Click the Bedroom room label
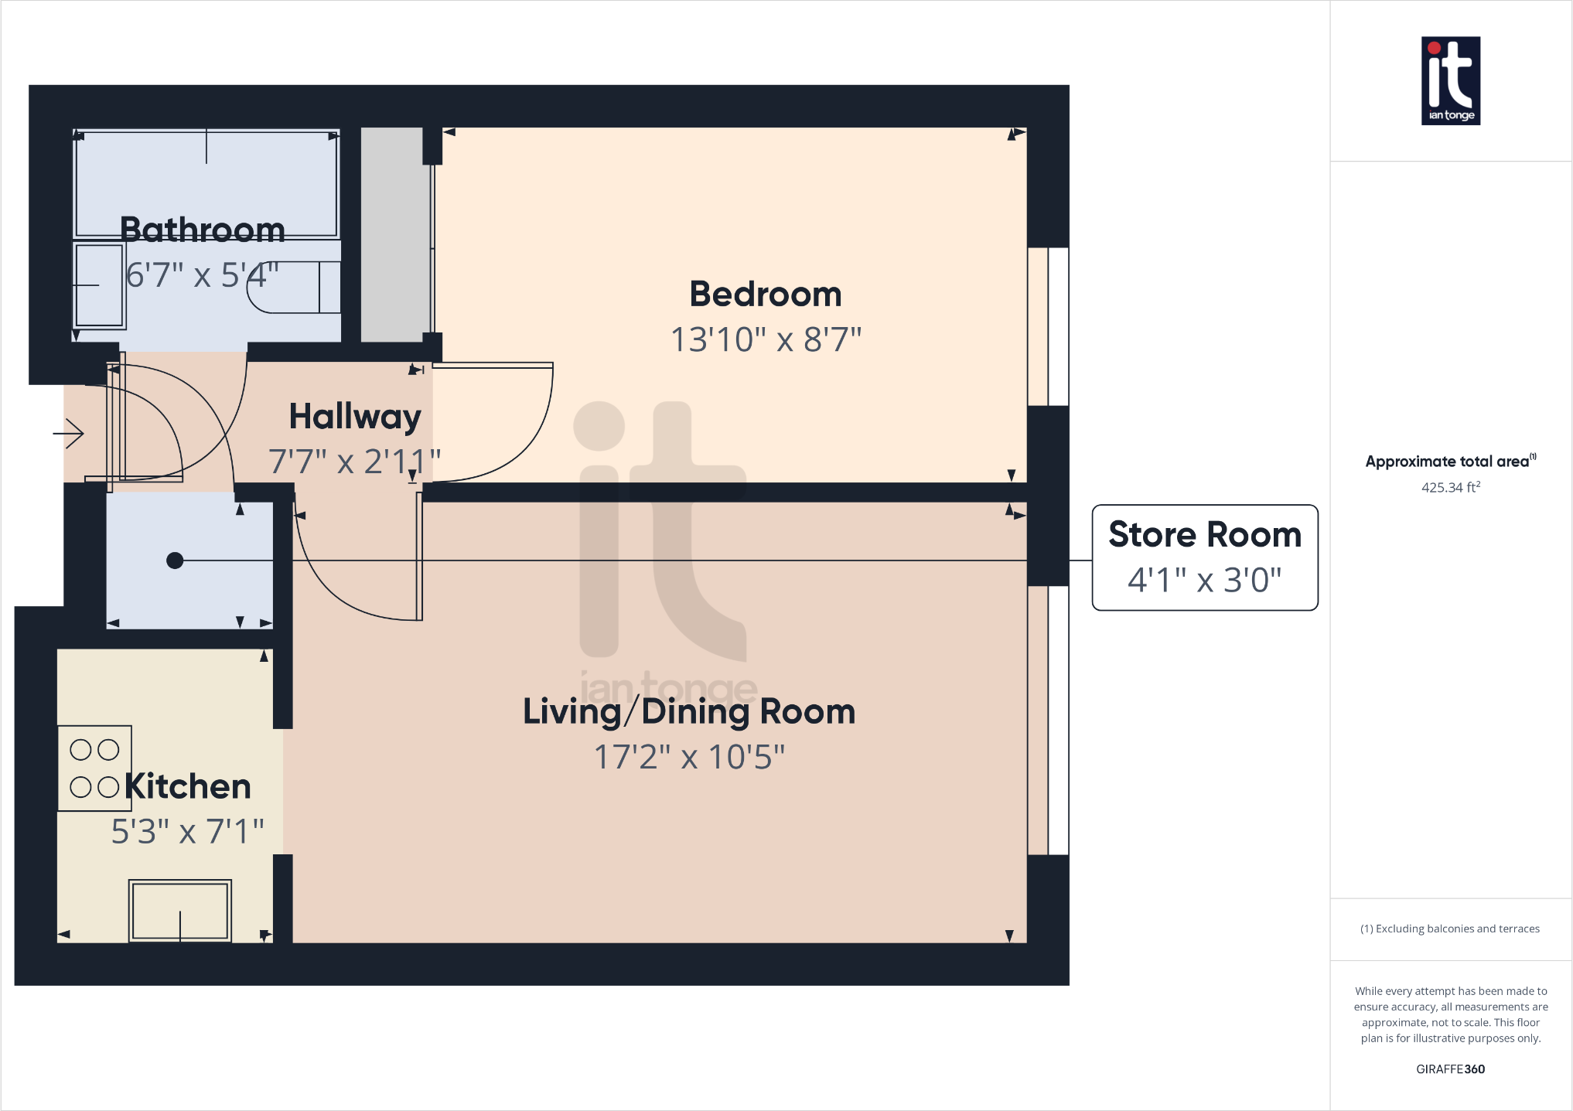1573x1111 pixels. [765, 295]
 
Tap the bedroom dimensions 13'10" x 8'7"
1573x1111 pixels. [765, 339]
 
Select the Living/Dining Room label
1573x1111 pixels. [688, 711]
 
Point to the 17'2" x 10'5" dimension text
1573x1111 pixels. [688, 757]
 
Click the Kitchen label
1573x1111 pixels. [188, 786]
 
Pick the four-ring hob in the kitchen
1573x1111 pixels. [94, 768]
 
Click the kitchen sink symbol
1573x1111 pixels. [179, 911]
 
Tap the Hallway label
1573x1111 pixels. [355, 417]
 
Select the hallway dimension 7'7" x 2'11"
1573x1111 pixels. [354, 462]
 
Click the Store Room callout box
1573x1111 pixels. [1204, 557]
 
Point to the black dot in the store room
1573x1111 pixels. [175, 561]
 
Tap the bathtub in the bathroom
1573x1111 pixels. [206, 184]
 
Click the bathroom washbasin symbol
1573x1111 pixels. [99, 285]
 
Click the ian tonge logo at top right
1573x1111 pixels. [1450, 81]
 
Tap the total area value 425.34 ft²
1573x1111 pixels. [1450, 487]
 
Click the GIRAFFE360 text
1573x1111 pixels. [1450, 1069]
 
